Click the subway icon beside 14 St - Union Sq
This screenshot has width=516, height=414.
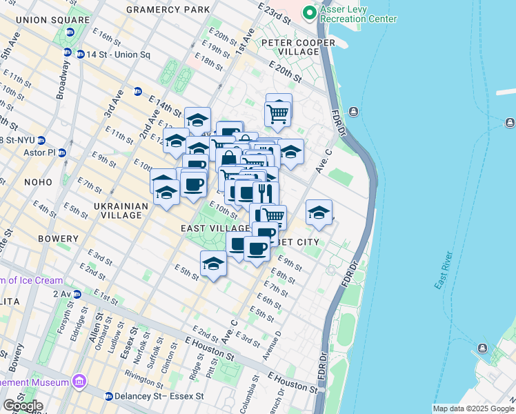pyautogui.click(x=68, y=52)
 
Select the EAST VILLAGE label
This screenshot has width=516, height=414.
pyautogui.click(x=215, y=228)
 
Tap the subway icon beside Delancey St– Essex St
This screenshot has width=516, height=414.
pyautogui.click(x=109, y=396)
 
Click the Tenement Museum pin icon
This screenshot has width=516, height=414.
pyautogui.click(x=79, y=382)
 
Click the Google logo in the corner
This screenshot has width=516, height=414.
pyautogui.click(x=23, y=406)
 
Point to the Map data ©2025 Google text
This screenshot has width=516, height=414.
pyautogui.click(x=473, y=408)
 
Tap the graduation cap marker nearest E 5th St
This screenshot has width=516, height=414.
pyautogui.click(x=213, y=264)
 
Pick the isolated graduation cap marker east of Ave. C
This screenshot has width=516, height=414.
pyautogui.click(x=319, y=213)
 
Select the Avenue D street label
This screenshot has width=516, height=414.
pyautogui.click(x=277, y=341)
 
